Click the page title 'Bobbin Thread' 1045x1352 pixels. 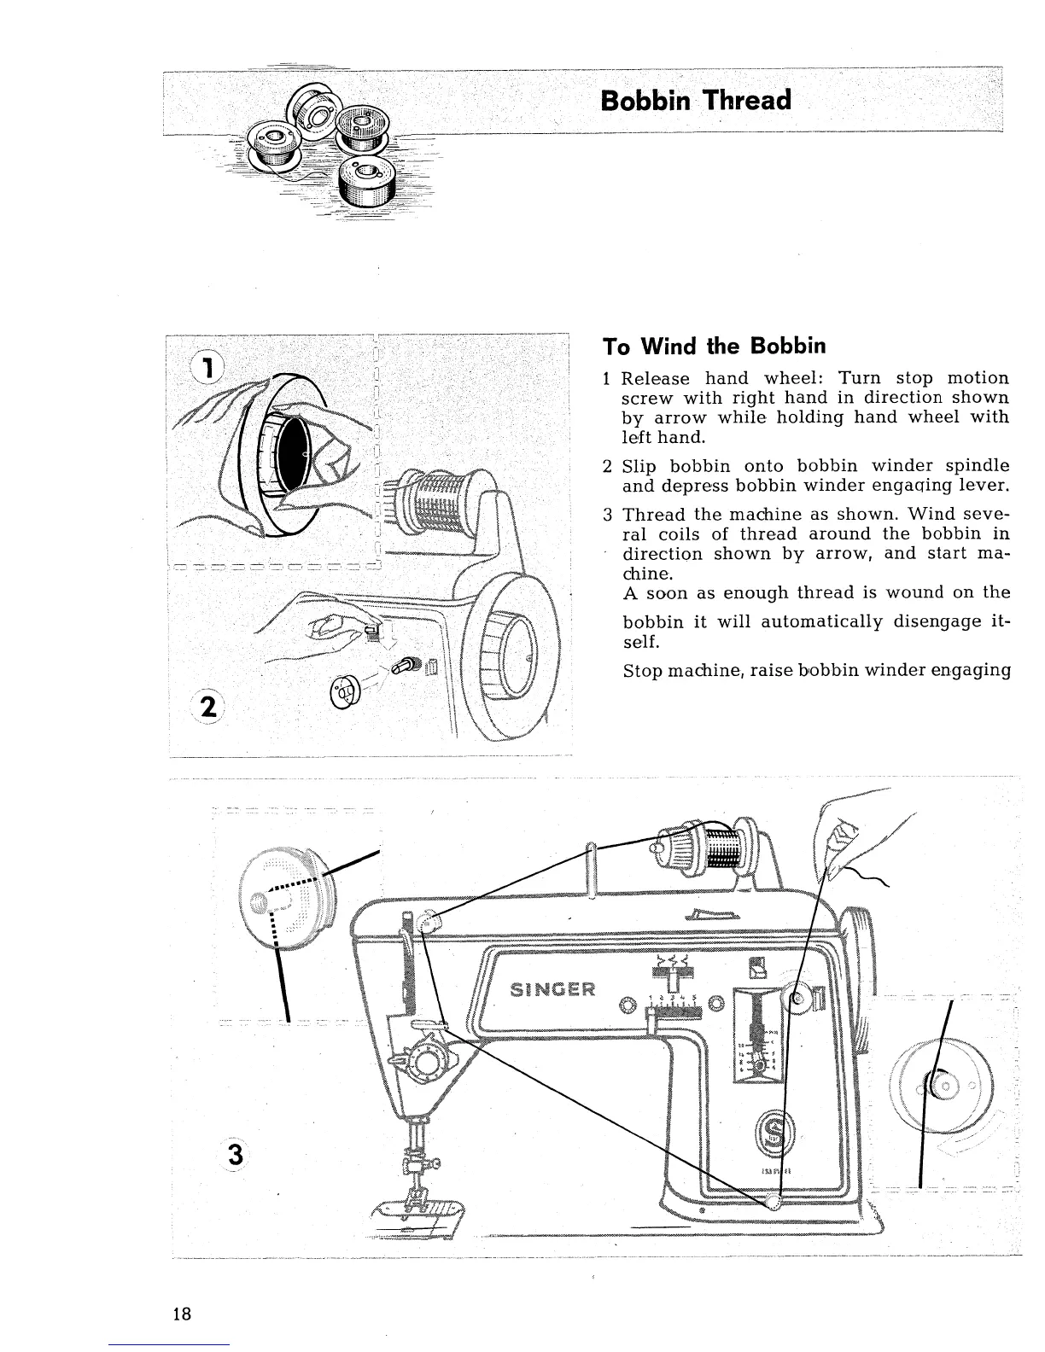coord(696,100)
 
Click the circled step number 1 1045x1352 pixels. coord(207,367)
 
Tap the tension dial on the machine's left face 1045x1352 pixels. coord(426,1060)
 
